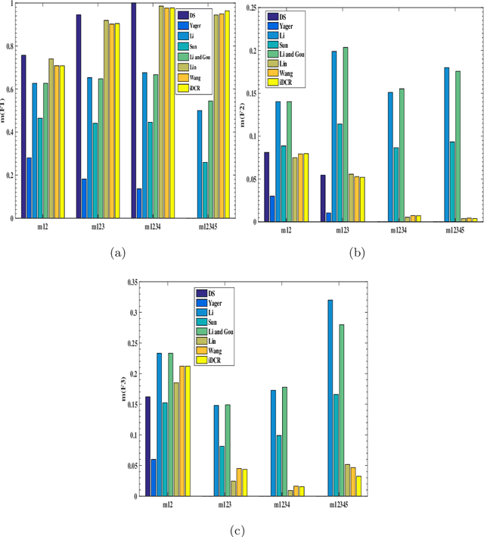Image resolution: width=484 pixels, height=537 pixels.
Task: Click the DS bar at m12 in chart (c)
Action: coord(148,447)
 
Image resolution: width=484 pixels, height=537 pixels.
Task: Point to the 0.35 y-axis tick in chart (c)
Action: coord(129,282)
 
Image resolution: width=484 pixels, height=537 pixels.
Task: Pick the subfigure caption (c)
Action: coord(238,528)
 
